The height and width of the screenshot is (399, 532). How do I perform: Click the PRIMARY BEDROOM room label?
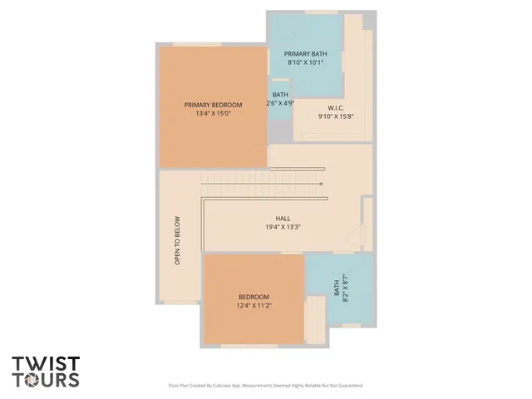coord(213,105)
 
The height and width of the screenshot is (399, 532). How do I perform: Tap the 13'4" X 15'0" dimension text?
coord(213,113)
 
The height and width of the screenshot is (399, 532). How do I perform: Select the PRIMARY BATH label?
coord(305,53)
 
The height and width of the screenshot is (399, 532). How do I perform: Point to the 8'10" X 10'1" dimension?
coord(305,62)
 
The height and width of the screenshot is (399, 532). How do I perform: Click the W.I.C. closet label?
coord(336,108)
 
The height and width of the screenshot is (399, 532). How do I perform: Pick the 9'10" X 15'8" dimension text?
coord(336,116)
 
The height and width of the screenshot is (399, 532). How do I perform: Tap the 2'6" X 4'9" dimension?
coord(281,104)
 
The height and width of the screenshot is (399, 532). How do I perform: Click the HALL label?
coord(283,218)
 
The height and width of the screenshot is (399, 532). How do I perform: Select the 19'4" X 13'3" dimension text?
coord(283,226)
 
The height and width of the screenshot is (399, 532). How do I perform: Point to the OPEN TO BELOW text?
coord(177,241)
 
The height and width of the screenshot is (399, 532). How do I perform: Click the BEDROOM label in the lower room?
coord(254,297)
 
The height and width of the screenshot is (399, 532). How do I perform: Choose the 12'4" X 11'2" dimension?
coord(254,305)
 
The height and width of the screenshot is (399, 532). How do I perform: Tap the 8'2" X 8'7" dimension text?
coord(345,288)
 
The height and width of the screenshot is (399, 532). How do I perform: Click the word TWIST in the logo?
coord(46,363)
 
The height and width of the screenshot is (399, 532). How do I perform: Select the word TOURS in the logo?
coord(46,380)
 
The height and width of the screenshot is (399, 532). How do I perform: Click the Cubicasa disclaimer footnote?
coord(266,386)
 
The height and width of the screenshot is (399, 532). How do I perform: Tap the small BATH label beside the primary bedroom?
coord(280,95)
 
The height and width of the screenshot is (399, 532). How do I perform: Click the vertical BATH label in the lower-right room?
coord(337,288)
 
